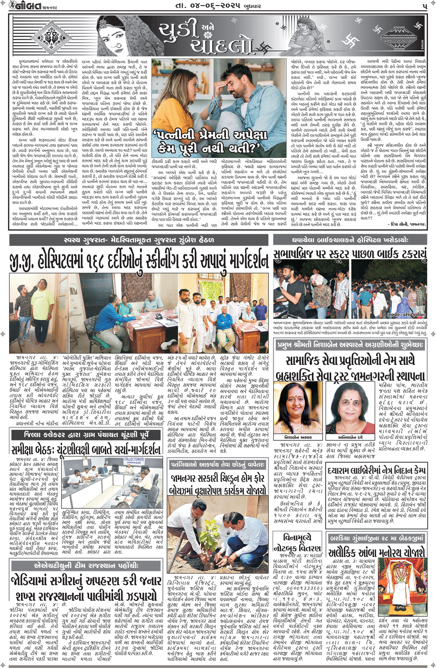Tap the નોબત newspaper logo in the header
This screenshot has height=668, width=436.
tap(27, 6)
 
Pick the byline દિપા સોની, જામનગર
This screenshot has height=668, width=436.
tap(406, 224)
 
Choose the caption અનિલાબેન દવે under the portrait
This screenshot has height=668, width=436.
tap(350, 437)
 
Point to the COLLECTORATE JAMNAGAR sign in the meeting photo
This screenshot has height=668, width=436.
tap(134, 461)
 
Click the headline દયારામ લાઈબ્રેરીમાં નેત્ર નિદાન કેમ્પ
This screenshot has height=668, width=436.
tap(376, 469)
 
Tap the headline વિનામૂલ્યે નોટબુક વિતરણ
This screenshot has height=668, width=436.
tap(297, 543)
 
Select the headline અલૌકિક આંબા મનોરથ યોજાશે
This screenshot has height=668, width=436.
tap(376, 552)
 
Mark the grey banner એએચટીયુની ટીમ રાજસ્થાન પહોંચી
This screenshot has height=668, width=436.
tap(86, 565)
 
